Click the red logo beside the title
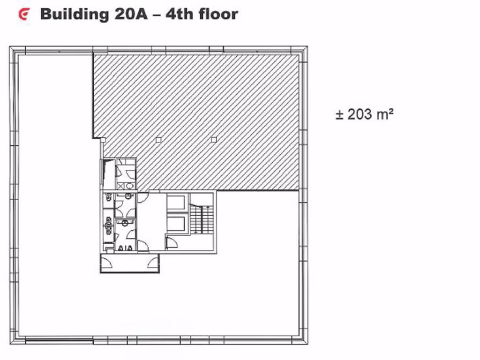click(x=23, y=15)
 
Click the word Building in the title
click(x=74, y=14)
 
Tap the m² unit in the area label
click(x=384, y=113)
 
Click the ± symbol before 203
click(x=340, y=114)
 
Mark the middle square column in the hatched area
click(x=158, y=139)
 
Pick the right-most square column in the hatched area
click(x=214, y=139)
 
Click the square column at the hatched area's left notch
click(x=103, y=139)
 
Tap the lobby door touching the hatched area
click(x=143, y=197)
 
